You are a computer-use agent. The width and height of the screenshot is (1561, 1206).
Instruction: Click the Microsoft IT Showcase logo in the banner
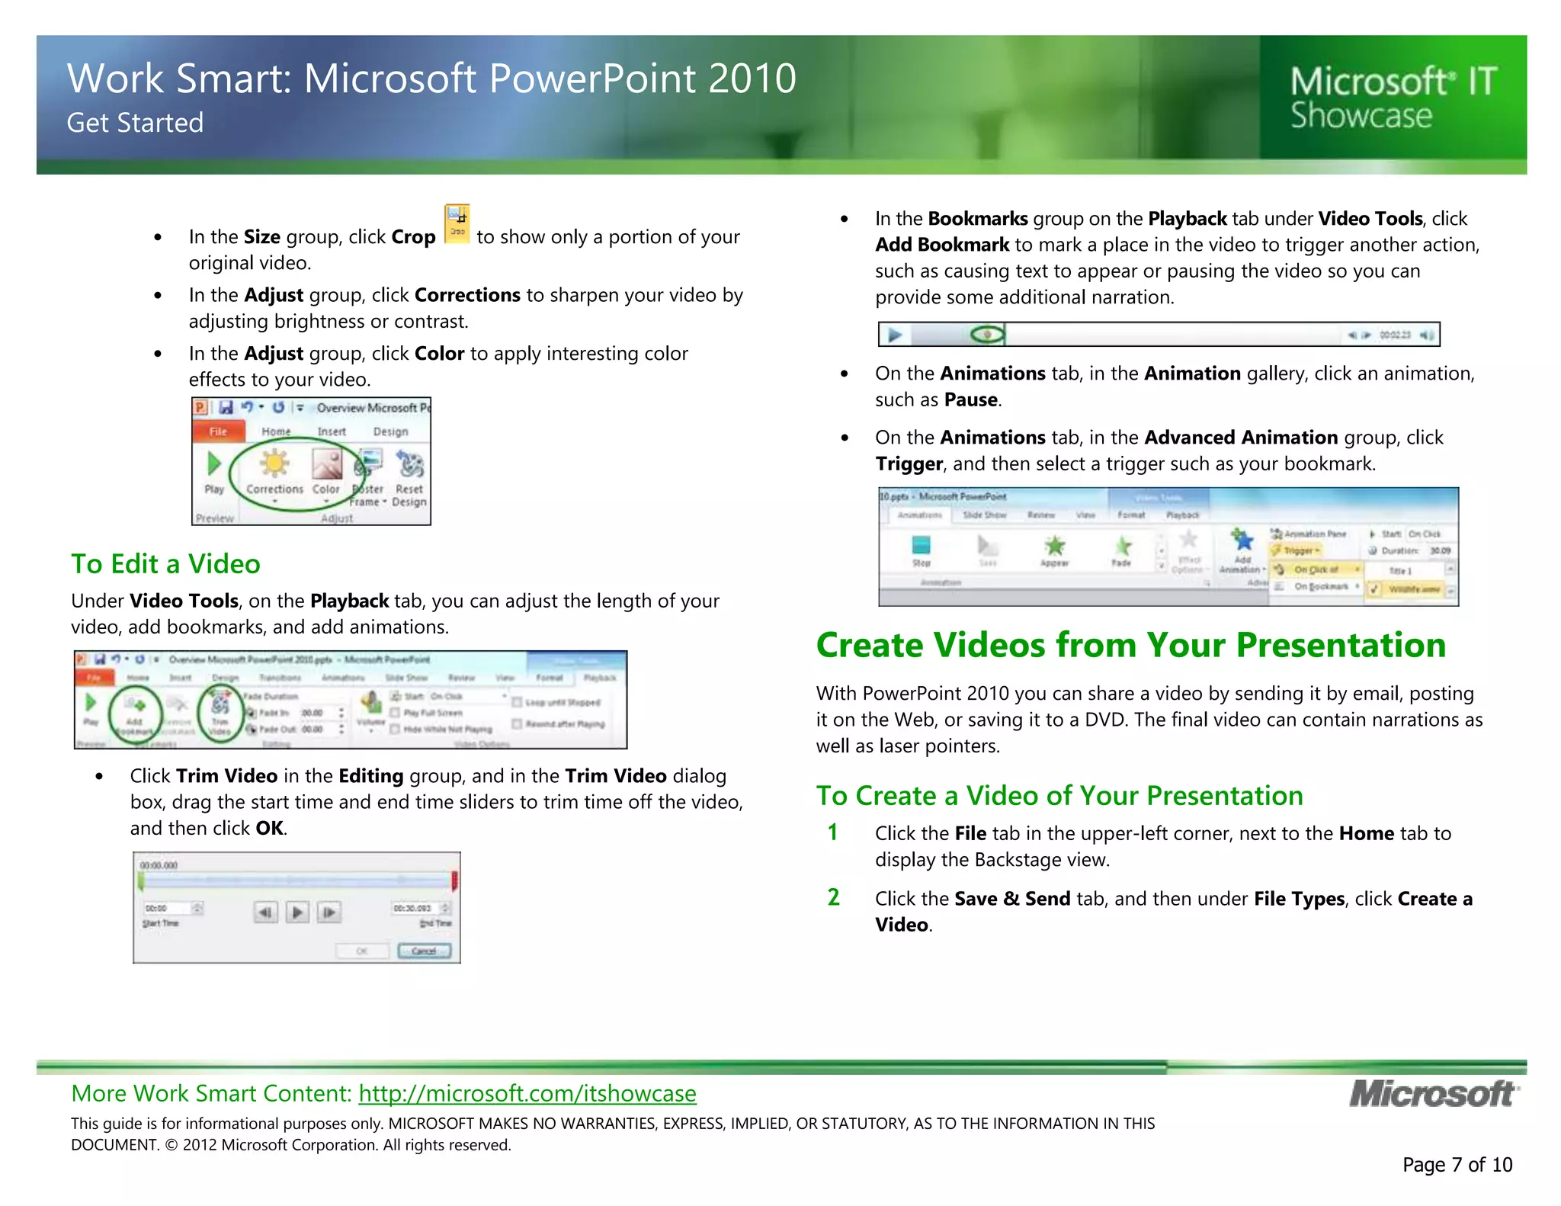point(1393,98)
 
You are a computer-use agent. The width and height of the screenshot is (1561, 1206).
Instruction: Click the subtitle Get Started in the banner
point(135,123)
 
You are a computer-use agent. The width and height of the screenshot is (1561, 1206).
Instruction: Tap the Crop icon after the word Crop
point(457,224)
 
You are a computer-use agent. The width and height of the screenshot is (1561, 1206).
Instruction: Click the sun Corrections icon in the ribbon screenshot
point(274,463)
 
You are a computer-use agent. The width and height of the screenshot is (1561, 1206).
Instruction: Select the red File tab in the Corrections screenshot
point(218,431)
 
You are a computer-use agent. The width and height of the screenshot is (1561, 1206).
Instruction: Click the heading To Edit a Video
point(165,564)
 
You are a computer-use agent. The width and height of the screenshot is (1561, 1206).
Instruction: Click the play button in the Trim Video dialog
point(297,912)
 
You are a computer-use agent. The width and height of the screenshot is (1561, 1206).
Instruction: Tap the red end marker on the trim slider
point(454,881)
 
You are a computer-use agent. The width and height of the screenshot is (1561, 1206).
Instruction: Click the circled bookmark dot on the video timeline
point(988,335)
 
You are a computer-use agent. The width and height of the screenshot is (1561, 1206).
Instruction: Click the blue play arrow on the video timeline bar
point(895,335)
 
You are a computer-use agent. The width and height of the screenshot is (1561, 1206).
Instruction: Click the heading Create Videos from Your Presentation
point(1130,645)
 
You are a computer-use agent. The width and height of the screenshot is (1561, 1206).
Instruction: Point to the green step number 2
point(833,897)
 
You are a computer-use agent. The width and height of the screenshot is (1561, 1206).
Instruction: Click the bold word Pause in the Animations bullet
point(970,400)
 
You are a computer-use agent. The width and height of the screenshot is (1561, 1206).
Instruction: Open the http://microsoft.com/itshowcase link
point(527,1093)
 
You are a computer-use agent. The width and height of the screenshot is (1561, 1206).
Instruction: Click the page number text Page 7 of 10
point(1457,1165)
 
